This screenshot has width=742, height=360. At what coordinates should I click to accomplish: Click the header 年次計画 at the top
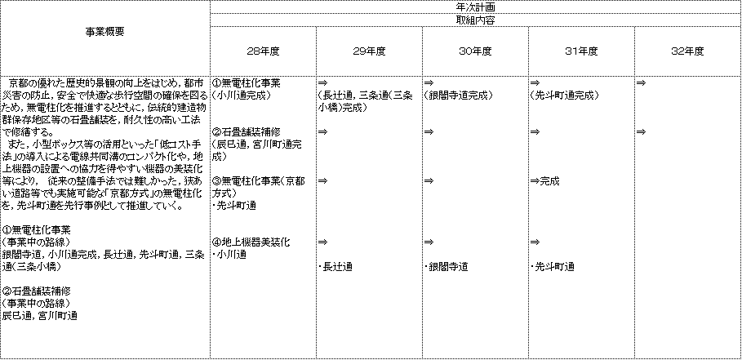[x=476, y=7]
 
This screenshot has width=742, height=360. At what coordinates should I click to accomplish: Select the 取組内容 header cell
[x=476, y=20]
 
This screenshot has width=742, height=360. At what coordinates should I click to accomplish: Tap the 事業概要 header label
[x=105, y=33]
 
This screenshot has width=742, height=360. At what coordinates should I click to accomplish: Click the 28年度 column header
[x=263, y=51]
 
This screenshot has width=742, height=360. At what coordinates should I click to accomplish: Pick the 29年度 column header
[x=369, y=51]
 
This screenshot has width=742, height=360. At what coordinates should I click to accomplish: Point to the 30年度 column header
[x=475, y=51]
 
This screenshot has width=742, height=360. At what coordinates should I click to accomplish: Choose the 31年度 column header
[x=581, y=51]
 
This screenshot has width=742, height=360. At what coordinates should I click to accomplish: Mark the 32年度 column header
[x=687, y=51]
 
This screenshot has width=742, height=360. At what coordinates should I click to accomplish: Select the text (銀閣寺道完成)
[x=458, y=95]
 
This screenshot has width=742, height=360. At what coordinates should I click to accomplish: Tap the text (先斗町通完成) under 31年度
[x=564, y=95]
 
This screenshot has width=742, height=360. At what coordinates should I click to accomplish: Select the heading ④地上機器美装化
[x=251, y=242]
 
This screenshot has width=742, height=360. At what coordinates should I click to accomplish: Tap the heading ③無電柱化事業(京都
[x=259, y=181]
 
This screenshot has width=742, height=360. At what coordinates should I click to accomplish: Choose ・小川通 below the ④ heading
[x=229, y=255]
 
